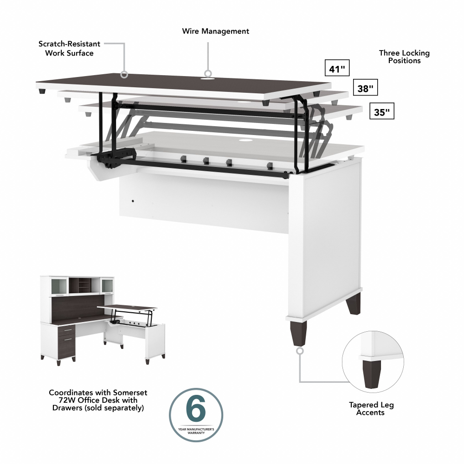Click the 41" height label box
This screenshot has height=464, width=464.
coord(337,69)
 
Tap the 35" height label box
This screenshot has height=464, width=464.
coord(381,112)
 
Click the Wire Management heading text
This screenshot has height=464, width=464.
coord(215,31)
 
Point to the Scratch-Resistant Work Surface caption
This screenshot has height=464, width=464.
coord(69,48)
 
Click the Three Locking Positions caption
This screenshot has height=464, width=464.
coord(404,57)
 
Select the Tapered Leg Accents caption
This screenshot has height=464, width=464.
coord(371,408)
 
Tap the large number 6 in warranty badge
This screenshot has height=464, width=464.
coord(195,409)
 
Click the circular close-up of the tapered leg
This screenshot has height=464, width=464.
coord(373,360)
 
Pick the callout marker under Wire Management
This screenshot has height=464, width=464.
coord(208,73)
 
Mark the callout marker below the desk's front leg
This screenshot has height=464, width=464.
coord(300,351)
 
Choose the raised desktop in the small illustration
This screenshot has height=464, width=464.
coord(128,307)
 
